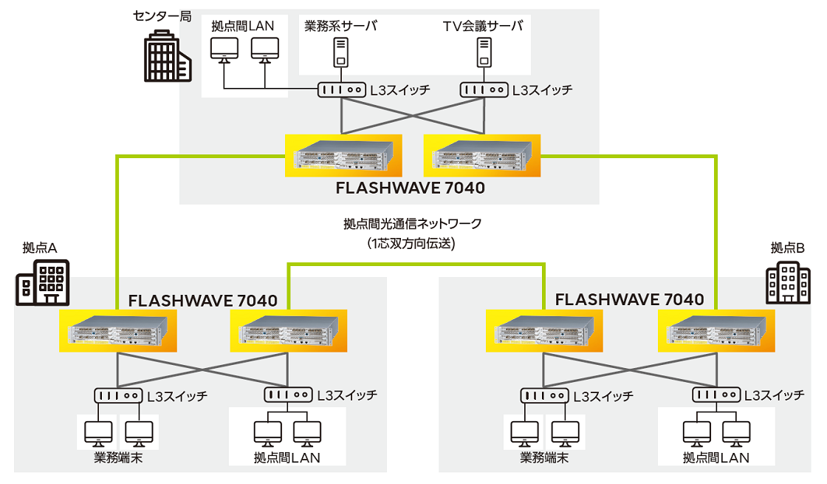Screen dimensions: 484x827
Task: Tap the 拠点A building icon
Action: pos(43,282)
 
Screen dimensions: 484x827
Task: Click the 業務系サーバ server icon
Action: pos(340,51)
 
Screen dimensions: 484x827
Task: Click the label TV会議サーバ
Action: pos(483,26)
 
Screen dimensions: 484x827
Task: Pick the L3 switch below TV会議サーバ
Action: pos(484,89)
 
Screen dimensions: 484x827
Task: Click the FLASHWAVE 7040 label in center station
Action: pos(411,188)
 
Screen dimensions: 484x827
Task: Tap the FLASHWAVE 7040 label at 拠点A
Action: pos(203,300)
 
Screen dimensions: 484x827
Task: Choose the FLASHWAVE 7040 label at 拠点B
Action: pos(629,300)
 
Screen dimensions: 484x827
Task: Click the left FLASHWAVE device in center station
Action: pos(343,155)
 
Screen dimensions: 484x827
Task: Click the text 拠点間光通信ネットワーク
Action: pos(412,223)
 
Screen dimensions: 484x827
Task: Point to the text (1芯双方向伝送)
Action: pos(412,242)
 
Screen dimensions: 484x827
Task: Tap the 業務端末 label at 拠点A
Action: pos(117,457)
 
